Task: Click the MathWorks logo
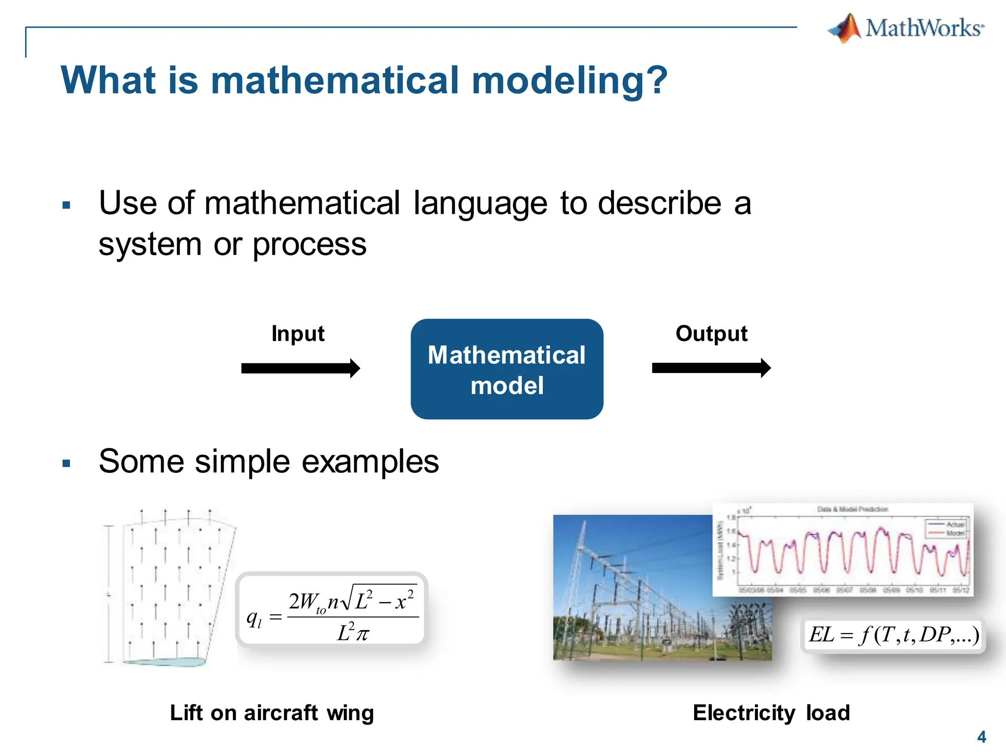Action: (906, 28)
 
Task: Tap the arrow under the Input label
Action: (300, 368)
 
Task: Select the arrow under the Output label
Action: (711, 368)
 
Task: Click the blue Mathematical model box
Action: (506, 369)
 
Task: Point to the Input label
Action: (298, 334)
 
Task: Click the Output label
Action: (711, 334)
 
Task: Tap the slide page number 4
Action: (981, 737)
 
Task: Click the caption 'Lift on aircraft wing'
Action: (272, 713)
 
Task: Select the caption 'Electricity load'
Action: (771, 713)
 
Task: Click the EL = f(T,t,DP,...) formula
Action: (893, 635)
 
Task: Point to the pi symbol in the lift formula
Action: (362, 635)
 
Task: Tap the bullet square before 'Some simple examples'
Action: (67, 463)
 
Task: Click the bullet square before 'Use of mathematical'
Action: (67, 205)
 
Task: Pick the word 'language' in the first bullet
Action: (480, 203)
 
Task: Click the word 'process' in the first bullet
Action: (309, 244)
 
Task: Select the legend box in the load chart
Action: (946, 528)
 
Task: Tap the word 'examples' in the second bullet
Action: (370, 462)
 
